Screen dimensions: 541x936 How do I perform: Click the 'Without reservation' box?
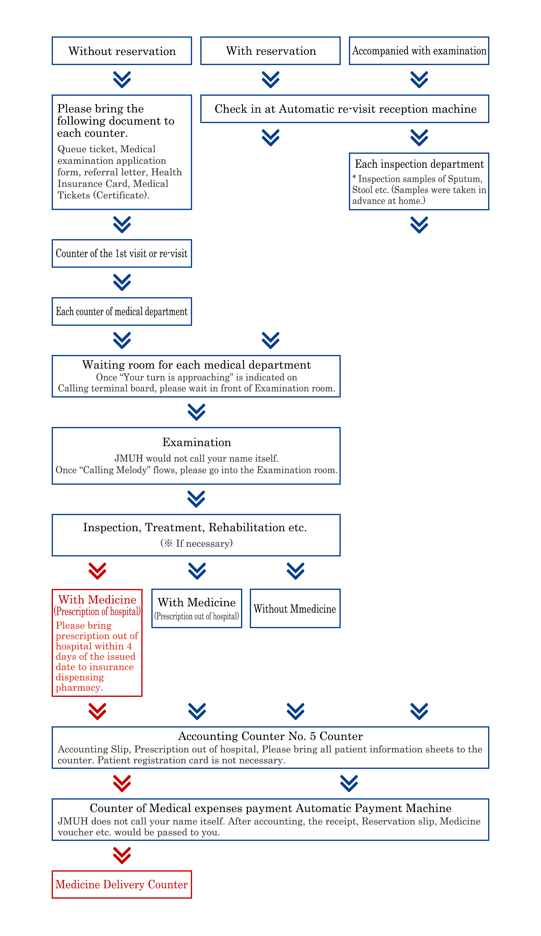click(122, 51)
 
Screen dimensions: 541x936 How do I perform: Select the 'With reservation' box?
click(270, 51)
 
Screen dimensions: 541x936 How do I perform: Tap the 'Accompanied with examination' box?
click(419, 51)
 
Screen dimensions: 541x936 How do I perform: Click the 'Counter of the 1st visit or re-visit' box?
click(122, 253)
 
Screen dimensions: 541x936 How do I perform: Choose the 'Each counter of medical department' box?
click(122, 311)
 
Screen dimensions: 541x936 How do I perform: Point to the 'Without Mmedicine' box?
click(295, 608)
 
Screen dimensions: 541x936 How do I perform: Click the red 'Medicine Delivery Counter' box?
click(122, 884)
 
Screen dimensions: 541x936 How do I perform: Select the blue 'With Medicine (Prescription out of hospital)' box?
click(197, 608)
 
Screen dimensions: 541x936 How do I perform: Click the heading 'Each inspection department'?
click(419, 164)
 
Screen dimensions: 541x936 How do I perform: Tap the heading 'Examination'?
click(197, 442)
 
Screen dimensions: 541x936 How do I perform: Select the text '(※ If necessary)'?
click(197, 543)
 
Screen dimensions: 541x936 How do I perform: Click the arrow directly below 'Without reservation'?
click(122, 80)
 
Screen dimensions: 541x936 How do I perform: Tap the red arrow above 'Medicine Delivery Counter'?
click(122, 855)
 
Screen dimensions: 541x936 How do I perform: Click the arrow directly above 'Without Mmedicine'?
click(295, 571)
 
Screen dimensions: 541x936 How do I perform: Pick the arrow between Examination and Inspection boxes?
click(197, 499)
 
